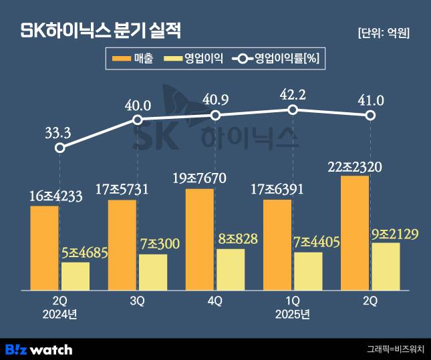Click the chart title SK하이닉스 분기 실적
click(102, 31)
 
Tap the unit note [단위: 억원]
click(384, 32)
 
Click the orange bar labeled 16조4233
click(44, 247)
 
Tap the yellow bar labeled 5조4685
click(76, 276)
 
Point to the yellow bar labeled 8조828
click(231, 269)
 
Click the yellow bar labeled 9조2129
click(386, 266)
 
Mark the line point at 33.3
click(60, 148)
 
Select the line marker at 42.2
click(292, 110)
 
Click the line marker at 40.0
click(138, 120)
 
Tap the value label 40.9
click(215, 100)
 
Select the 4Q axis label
click(214, 301)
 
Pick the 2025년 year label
click(292, 313)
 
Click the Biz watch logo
click(38, 349)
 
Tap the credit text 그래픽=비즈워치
click(395, 349)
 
